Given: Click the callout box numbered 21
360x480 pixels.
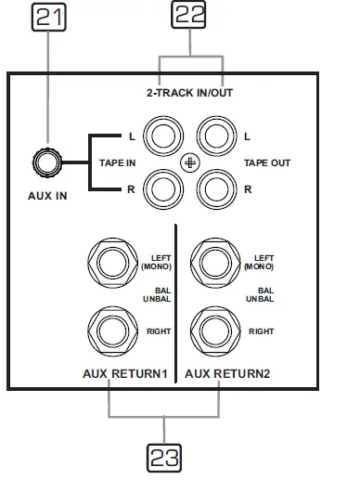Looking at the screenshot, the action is pos(49,17).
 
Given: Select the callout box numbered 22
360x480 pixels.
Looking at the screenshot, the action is pos(188,15).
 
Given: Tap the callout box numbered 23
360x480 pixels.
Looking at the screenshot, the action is pos(164,458).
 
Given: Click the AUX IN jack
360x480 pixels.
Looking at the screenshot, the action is pos(47,162).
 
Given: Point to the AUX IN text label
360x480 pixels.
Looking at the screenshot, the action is pos(47,196).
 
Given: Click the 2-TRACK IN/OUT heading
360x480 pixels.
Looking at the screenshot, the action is pos(189,93).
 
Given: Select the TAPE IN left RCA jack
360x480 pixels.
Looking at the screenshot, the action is pos(163,136).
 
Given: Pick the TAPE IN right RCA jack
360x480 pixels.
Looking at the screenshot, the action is pos(163,189).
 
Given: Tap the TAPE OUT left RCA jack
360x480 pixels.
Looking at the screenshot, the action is pos(216,136).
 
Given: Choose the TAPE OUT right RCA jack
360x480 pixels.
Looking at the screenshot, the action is pos(216,189).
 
